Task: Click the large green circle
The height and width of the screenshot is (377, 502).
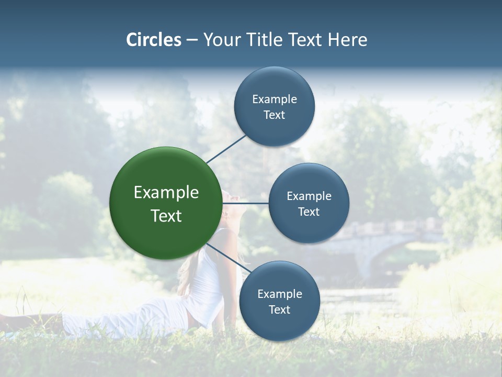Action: point(165,203)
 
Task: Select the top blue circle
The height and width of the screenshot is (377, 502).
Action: point(274,106)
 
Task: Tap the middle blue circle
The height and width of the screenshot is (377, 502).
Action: point(309,203)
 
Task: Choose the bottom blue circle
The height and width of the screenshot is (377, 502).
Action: point(279,301)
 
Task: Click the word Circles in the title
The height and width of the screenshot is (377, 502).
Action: point(154,40)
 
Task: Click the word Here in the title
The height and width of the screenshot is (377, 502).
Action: point(347,40)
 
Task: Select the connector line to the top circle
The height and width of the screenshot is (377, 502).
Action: point(226,149)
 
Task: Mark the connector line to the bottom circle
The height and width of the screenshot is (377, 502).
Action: point(228,259)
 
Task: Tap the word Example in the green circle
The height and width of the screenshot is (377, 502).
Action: point(166,192)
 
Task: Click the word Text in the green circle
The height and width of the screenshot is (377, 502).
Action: point(166,216)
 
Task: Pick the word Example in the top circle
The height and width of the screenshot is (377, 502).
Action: point(275,99)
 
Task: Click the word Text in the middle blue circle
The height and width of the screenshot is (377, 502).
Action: point(309,212)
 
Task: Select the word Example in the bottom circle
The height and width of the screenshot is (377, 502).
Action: point(280,294)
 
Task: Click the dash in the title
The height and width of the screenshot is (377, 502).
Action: point(192,40)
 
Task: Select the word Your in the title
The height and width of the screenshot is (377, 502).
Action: point(218,40)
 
